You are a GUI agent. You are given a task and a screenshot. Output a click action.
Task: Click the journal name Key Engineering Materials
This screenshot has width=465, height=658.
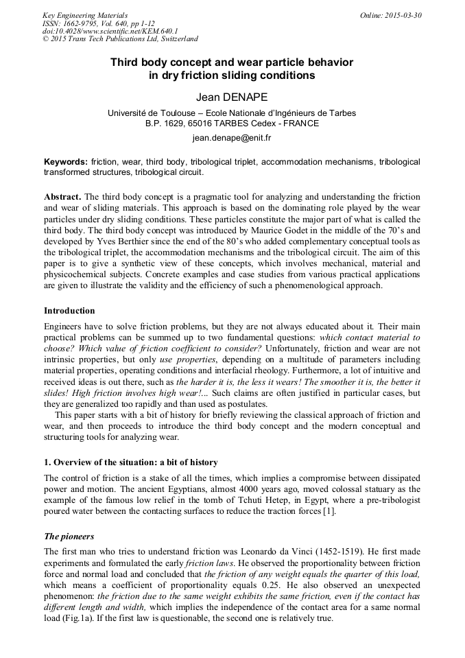85,14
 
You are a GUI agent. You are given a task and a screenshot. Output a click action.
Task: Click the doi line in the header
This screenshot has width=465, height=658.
110,31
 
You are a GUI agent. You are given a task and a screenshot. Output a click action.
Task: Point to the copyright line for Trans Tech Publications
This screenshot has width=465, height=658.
120,39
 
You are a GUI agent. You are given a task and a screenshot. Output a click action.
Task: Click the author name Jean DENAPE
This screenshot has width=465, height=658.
232,98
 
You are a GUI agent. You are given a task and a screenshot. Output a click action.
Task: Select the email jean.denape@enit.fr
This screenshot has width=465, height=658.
232,138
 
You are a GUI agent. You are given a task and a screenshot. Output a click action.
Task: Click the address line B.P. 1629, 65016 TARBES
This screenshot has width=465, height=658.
232,124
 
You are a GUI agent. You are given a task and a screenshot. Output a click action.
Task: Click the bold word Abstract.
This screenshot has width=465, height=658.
62,196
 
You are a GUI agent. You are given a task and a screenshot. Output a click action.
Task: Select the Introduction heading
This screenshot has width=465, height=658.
69,311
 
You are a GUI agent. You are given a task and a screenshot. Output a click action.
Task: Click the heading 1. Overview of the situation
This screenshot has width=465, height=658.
130,462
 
